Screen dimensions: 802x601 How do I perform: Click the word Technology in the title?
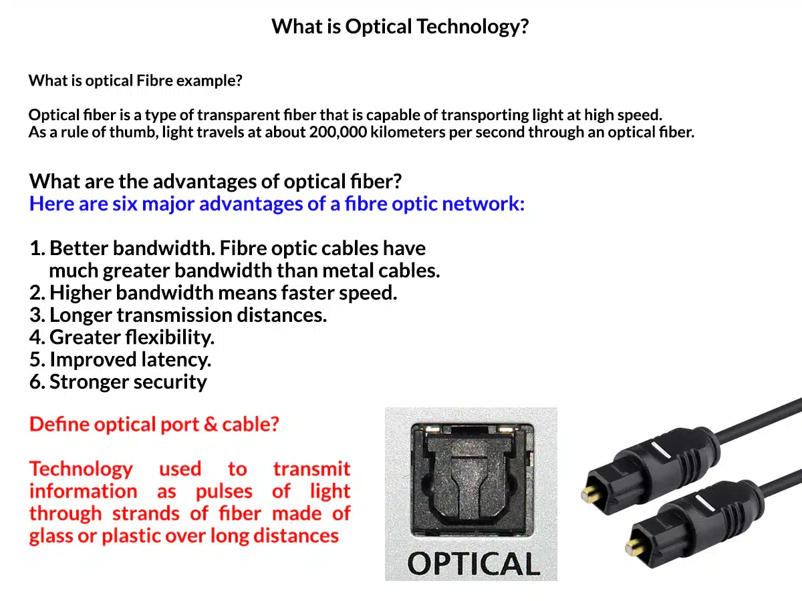pos(473,27)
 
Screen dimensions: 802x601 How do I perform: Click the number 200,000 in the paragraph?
pos(338,132)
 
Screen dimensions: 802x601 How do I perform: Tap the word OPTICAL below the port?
pos(473,564)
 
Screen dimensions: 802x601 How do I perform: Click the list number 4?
pos(37,337)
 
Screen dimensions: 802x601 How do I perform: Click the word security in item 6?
pos(170,383)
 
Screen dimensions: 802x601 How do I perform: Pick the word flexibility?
pos(170,337)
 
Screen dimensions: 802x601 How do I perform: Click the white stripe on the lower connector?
pos(705,504)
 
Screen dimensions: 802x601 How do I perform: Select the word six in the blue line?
pos(124,204)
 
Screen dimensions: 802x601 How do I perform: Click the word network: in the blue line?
pos(483,204)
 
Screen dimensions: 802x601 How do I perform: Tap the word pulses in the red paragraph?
pos(224,491)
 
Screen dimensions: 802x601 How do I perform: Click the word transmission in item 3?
pos(174,315)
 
